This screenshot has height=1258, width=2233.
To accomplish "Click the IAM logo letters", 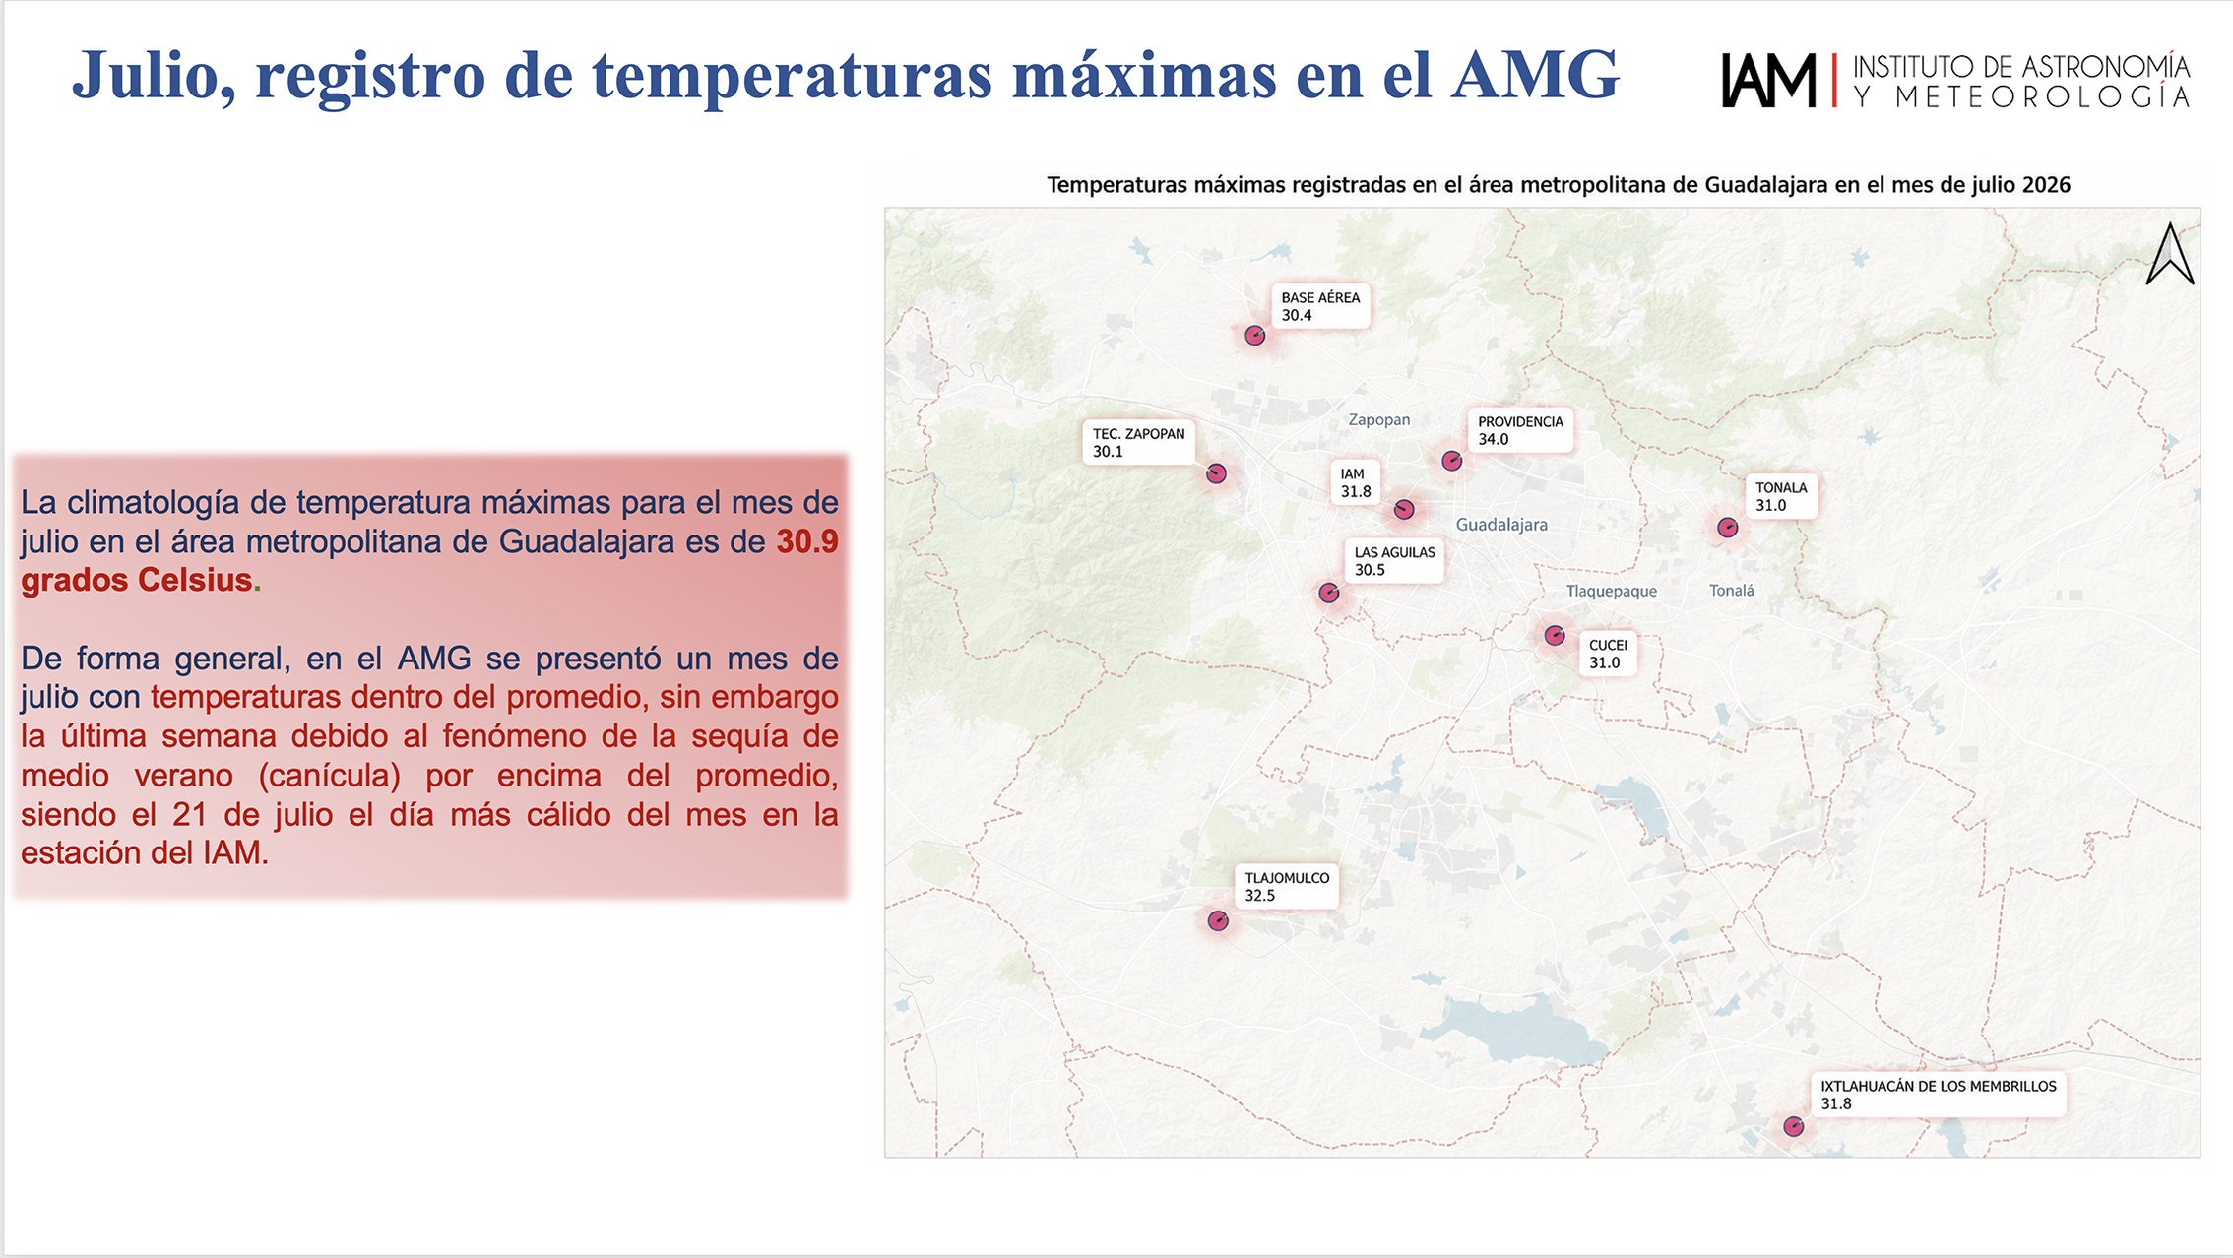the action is (1768, 80).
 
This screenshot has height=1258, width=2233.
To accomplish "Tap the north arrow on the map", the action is (2170, 254).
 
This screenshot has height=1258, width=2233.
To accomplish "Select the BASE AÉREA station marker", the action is (1254, 336).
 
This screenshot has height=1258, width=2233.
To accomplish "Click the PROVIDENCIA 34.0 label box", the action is (1520, 430).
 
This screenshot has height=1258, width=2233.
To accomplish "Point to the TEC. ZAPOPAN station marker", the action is (1217, 473).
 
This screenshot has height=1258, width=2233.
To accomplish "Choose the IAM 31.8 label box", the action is (1355, 482).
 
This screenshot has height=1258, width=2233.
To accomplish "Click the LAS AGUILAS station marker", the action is (1329, 593).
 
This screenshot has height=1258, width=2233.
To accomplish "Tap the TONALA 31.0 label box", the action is (1781, 496).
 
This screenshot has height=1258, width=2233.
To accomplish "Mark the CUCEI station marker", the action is (1555, 635).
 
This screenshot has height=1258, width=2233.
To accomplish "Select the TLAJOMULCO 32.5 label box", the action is (1287, 886).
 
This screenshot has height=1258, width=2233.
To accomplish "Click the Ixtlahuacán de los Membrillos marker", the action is (1794, 1126).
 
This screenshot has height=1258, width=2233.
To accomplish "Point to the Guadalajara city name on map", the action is (1501, 525).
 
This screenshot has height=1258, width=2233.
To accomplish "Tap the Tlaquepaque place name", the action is (1612, 591).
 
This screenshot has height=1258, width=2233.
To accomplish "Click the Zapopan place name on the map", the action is (1378, 420).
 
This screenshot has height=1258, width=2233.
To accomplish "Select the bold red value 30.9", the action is (807, 541).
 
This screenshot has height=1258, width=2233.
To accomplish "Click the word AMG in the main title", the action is (1536, 74).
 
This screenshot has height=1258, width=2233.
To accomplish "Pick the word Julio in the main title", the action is (155, 76).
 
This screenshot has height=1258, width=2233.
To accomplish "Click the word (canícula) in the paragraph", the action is (330, 776).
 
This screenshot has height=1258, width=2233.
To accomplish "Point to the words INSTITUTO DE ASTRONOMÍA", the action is (2021, 66).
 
